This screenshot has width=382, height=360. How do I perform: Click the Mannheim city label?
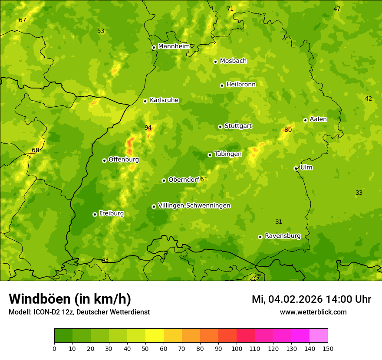(x=174, y=46)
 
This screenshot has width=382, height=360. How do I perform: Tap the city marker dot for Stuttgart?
(x=220, y=127)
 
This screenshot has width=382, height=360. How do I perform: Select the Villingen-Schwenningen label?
(x=194, y=206)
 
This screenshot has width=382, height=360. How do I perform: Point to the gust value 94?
(x=148, y=128)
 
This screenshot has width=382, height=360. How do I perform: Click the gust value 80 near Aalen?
(x=288, y=130)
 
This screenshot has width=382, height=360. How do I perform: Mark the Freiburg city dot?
(x=95, y=214)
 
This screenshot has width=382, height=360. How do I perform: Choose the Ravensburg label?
(x=283, y=236)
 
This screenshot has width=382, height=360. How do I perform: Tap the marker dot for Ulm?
(x=296, y=168)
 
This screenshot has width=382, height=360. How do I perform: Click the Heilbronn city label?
(x=241, y=85)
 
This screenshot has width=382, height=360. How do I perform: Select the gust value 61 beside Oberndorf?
(x=204, y=179)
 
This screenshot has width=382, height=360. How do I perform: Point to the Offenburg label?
(x=124, y=160)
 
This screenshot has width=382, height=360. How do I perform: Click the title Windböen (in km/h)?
(x=70, y=299)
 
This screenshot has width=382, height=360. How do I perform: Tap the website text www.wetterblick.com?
(x=313, y=312)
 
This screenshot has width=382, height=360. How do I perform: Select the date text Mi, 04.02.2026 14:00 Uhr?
(x=311, y=299)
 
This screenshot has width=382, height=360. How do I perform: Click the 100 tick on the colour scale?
(x=237, y=348)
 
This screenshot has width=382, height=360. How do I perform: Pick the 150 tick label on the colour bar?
(x=328, y=348)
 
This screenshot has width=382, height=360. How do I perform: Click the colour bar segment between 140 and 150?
(x=319, y=336)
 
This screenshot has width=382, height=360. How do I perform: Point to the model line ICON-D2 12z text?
(x=79, y=312)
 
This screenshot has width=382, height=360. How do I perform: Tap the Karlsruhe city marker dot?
(x=145, y=101)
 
